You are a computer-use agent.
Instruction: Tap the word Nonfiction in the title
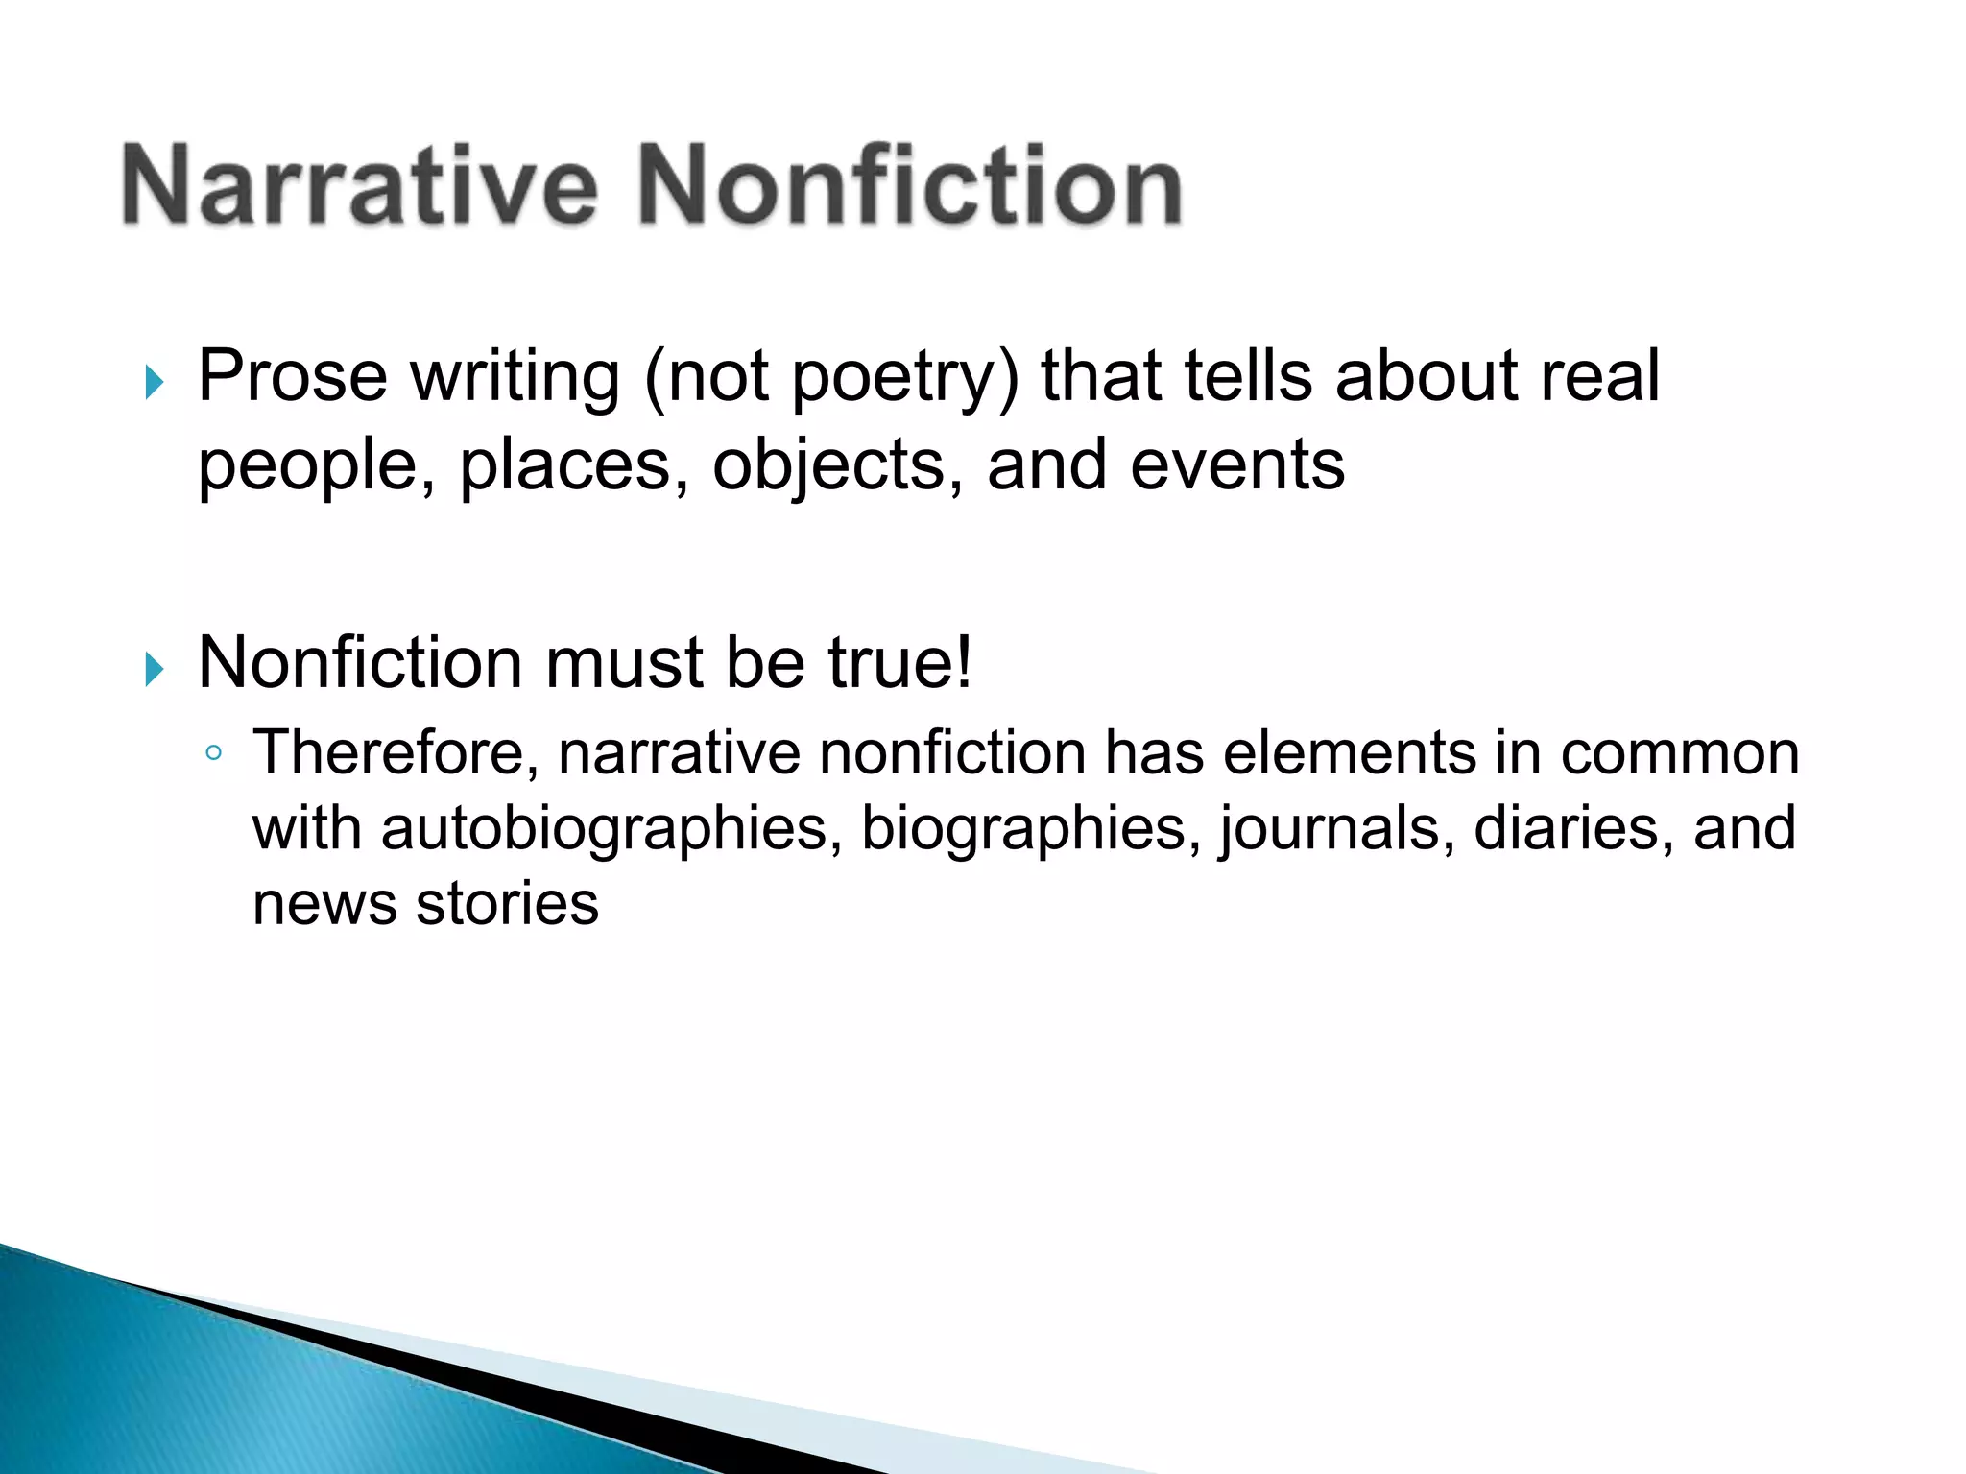910,184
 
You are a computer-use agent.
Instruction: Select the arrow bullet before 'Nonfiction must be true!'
155,669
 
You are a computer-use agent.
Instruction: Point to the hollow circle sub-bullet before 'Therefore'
213,753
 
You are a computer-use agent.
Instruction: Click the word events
1237,464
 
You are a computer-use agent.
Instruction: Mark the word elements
1349,752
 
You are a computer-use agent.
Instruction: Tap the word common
1679,754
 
